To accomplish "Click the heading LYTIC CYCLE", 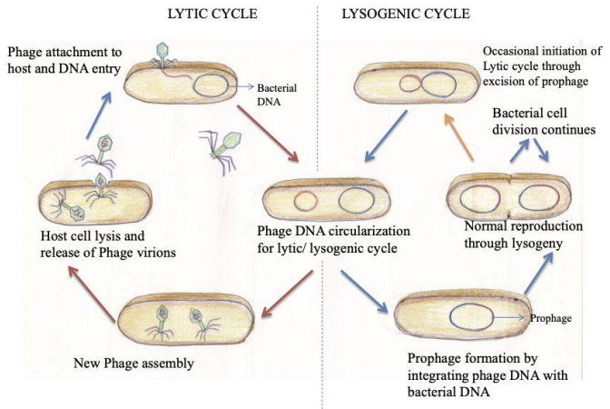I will point(210,16).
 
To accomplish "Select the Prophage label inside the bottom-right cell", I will point(551,319).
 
